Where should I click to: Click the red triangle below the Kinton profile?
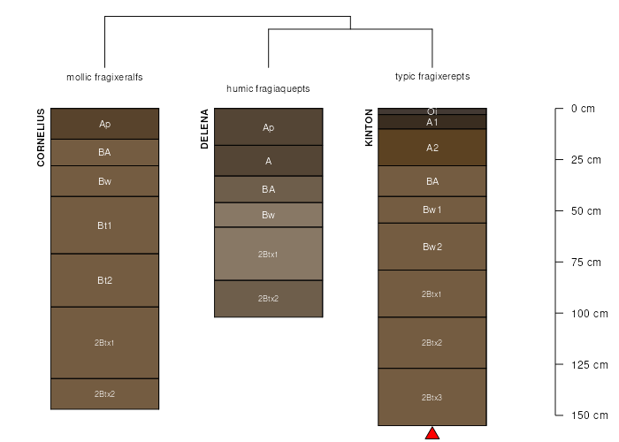coord(432,433)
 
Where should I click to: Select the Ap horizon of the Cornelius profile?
coord(104,124)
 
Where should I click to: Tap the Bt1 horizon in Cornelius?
coord(104,225)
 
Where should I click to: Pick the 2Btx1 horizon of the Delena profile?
coord(268,254)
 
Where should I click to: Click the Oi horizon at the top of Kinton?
coord(432,111)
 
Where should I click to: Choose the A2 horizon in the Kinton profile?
coord(432,148)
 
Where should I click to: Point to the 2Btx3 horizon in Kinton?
coord(432,397)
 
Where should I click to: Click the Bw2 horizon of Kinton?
coord(432,247)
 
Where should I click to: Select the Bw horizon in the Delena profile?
coord(268,215)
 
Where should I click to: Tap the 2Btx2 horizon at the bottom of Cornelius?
coord(104,393)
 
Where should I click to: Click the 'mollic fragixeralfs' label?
coord(104,77)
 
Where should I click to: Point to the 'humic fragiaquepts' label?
coord(268,89)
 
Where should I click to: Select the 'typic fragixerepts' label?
coord(432,77)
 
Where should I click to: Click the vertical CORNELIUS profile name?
coord(41,137)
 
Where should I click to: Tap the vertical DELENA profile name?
coord(204,129)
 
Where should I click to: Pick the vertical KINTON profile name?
coord(369,127)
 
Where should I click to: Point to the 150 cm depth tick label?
coord(587,415)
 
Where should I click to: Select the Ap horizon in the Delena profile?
coord(268,127)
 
